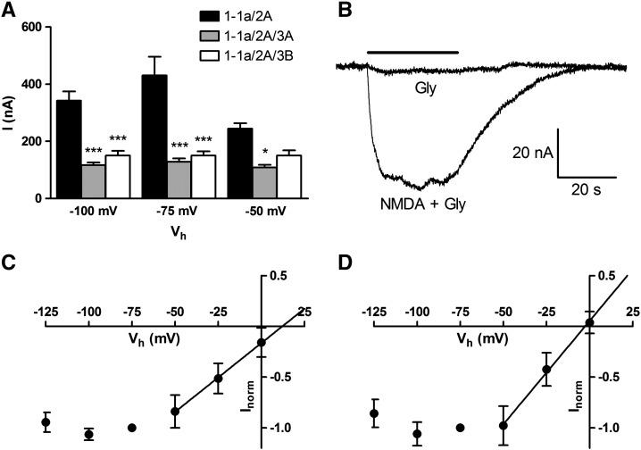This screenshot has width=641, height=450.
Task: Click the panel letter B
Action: click(345, 11)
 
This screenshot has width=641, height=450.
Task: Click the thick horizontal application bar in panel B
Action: click(412, 52)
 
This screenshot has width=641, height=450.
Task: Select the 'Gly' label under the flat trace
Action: click(424, 87)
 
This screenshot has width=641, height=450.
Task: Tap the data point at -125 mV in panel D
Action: click(375, 413)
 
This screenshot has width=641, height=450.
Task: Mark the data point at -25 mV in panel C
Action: click(218, 379)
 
